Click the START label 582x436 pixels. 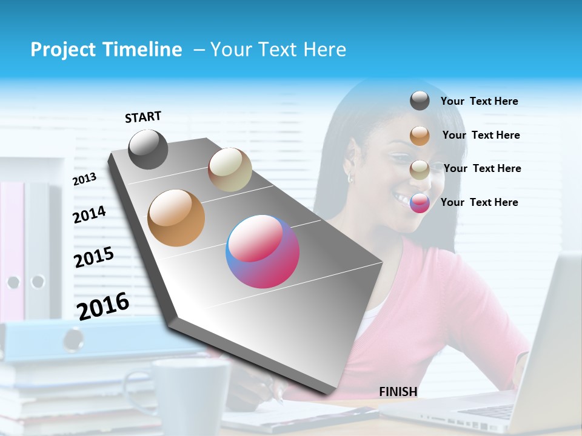(x=143, y=117)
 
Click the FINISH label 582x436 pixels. (x=398, y=392)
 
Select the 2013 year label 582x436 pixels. (x=84, y=179)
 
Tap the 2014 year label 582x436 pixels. (x=89, y=214)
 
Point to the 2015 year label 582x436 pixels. (x=94, y=257)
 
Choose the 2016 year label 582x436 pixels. (x=103, y=306)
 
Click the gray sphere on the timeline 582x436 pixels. (x=149, y=150)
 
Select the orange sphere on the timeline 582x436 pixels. (x=176, y=218)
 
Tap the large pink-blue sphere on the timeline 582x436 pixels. (x=263, y=251)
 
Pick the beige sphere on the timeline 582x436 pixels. (x=230, y=170)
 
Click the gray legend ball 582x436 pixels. (x=420, y=101)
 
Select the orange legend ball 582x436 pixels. (x=420, y=136)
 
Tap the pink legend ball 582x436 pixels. (x=420, y=203)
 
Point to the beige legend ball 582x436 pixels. (x=420, y=170)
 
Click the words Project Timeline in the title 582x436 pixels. (x=106, y=50)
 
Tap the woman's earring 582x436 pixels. (x=350, y=179)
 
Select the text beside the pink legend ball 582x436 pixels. (x=479, y=202)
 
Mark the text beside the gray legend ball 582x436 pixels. (x=479, y=101)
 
